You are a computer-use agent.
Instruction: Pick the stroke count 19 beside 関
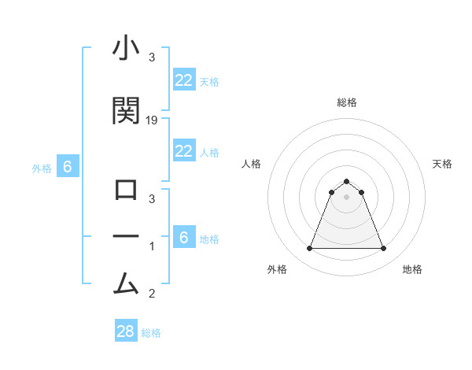click(153, 120)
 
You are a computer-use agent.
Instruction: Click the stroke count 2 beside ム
click(153, 294)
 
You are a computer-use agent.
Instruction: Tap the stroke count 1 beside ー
click(153, 246)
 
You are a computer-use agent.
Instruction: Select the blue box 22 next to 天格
click(184, 80)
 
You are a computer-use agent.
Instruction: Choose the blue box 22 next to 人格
click(184, 151)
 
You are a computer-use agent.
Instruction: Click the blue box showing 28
click(126, 331)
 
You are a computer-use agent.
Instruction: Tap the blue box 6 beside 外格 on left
click(68, 166)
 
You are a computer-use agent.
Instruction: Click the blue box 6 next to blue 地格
click(184, 237)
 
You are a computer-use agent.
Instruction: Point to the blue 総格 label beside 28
click(151, 333)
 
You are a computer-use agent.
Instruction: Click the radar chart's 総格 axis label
click(347, 102)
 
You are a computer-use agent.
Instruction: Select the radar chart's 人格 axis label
click(252, 164)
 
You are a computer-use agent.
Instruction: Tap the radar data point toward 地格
click(383, 249)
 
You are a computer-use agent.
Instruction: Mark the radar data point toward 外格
click(309, 249)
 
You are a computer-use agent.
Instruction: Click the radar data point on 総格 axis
click(346, 181)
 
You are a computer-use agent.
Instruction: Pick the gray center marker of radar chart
click(346, 197)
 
